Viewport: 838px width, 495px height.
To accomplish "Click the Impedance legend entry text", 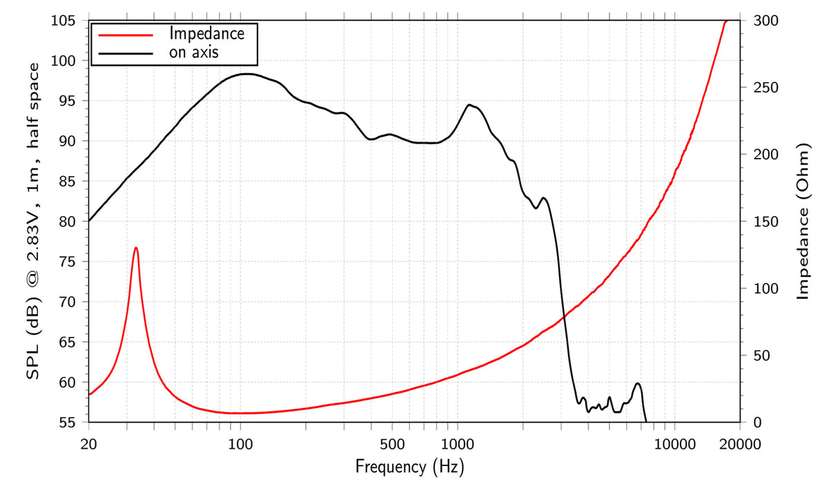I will (x=207, y=33).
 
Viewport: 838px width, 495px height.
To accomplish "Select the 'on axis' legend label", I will (x=194, y=52).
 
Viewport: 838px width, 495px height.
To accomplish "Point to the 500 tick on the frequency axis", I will (x=391, y=444).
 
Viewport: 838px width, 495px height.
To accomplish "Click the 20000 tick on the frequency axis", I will (x=740, y=444).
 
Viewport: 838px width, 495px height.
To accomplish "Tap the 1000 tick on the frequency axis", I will (x=456, y=444).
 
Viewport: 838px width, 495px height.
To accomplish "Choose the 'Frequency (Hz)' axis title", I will (x=409, y=467).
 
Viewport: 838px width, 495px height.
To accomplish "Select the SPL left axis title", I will (x=32, y=220).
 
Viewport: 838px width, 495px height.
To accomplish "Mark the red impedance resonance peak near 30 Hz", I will (x=136, y=247).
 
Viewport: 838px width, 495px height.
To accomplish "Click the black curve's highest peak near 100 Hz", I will (x=245, y=73).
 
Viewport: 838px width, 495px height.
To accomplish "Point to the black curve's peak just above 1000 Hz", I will (x=469, y=104).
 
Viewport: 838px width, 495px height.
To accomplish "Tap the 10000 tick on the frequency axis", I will (x=673, y=444).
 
